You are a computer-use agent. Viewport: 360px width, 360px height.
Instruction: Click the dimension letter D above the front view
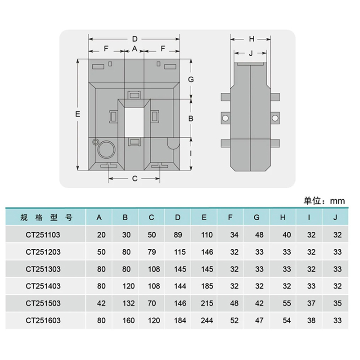coord(135,39)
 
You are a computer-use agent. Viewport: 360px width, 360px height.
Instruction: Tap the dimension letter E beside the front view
coord(78,114)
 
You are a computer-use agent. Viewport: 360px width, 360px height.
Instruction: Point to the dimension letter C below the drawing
coord(135,179)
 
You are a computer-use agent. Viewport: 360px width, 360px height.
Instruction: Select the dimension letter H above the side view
coord(252,39)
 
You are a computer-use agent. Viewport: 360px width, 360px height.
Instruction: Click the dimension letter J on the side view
coord(251,53)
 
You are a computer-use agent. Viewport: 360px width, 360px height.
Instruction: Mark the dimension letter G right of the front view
coord(191,80)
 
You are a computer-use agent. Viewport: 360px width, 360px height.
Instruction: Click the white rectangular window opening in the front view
coord(134,122)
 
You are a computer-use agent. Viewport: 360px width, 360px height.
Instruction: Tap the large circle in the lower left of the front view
coord(106,149)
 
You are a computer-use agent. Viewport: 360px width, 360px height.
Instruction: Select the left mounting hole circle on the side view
coord(225,118)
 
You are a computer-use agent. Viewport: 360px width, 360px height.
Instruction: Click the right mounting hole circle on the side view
coord(275,118)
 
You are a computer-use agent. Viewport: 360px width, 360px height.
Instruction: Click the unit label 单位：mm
coord(324,201)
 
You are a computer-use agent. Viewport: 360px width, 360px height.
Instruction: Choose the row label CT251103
coord(43,235)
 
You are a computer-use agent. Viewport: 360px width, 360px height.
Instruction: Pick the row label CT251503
coord(43,303)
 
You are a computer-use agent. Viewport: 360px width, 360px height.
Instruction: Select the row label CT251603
coord(43,320)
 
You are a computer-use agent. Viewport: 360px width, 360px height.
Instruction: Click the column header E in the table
coord(204,217)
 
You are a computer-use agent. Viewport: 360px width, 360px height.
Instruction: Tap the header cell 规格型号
coord(46,217)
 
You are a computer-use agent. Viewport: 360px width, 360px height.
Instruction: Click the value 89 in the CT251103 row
coord(178,235)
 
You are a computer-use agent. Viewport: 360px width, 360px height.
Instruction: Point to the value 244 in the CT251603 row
coord(207,320)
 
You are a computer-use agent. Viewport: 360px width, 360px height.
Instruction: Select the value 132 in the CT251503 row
coord(128,303)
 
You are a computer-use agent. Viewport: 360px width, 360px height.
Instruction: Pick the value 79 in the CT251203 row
coord(152,252)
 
